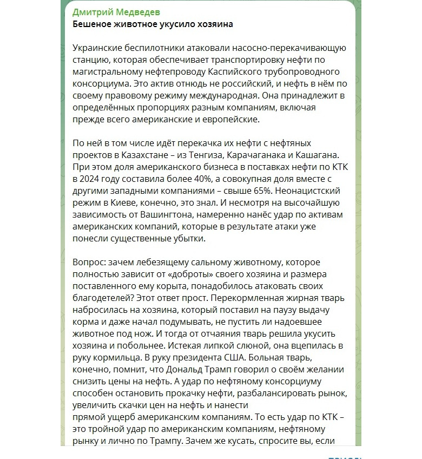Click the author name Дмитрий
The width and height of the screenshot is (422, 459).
93,12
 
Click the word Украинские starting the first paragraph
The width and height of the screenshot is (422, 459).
98,48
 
